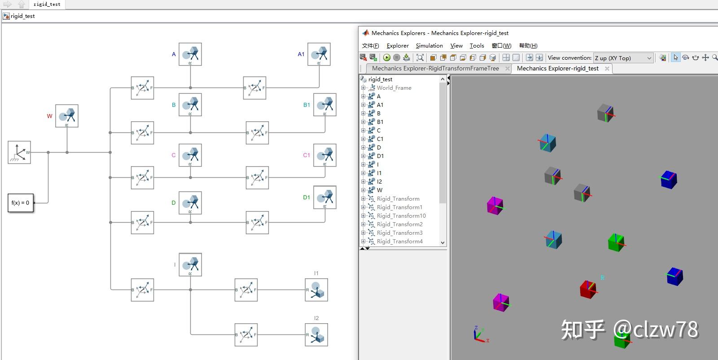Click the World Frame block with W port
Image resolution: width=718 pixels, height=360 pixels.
pyautogui.click(x=19, y=152)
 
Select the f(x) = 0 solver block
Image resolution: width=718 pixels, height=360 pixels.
pyautogui.click(x=21, y=203)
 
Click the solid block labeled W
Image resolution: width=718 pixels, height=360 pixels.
pyautogui.click(x=67, y=116)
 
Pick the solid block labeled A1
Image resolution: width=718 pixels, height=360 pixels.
pyautogui.click(x=319, y=54)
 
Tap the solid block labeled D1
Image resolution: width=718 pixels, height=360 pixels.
pyautogui.click(x=325, y=197)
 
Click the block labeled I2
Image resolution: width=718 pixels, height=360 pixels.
pyautogui.click(x=316, y=335)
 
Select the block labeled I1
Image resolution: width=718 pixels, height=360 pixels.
pyautogui.click(x=316, y=290)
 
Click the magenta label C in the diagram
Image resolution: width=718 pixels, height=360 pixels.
pyautogui.click(x=174, y=155)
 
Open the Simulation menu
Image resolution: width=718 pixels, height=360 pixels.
pyautogui.click(x=429, y=46)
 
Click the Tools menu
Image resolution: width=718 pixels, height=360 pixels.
pyautogui.click(x=477, y=46)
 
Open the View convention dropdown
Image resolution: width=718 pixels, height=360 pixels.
pyautogui.click(x=623, y=58)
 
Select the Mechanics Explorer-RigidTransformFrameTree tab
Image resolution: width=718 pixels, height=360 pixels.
pyautogui.click(x=435, y=69)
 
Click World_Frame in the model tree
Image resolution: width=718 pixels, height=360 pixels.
pyautogui.click(x=394, y=88)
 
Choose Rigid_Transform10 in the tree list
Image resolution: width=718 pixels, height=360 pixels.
pyautogui.click(x=401, y=216)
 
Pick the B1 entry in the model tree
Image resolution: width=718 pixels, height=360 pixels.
pyautogui.click(x=380, y=122)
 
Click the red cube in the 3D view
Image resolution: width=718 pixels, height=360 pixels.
pyautogui.click(x=587, y=289)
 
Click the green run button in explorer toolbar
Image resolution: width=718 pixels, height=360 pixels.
pyautogui.click(x=387, y=57)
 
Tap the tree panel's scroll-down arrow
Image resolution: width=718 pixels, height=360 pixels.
pyautogui.click(x=442, y=242)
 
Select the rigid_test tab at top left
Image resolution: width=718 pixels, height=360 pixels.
pyautogui.click(x=47, y=4)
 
